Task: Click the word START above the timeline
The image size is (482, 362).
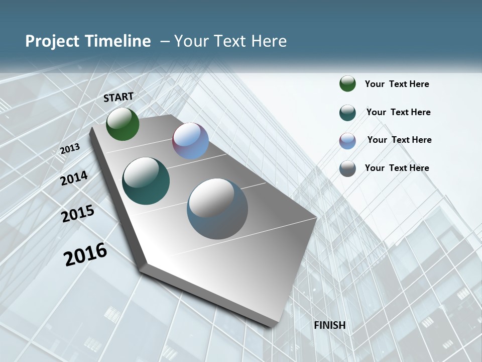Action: point(118,97)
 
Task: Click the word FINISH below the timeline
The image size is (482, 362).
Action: point(329,325)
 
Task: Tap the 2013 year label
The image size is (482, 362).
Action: point(70,149)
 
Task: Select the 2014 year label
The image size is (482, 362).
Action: point(74,178)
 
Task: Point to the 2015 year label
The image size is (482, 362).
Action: point(78,214)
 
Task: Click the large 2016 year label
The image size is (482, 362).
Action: point(85,254)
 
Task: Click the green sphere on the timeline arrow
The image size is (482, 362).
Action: point(123,124)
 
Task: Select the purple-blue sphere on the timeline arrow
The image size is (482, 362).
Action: point(190,141)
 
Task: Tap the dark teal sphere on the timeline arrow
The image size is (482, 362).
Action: point(146,181)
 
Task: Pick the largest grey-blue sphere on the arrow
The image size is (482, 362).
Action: point(217,209)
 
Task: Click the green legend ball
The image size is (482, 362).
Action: point(347,84)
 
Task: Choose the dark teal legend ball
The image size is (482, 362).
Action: point(347,113)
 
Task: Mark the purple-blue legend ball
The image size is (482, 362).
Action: point(347,141)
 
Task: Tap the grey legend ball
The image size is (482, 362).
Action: point(347,168)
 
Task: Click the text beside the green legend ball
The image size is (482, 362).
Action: point(397,84)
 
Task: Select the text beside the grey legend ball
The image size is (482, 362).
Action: point(397,168)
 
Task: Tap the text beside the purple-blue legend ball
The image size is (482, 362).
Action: point(399,140)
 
